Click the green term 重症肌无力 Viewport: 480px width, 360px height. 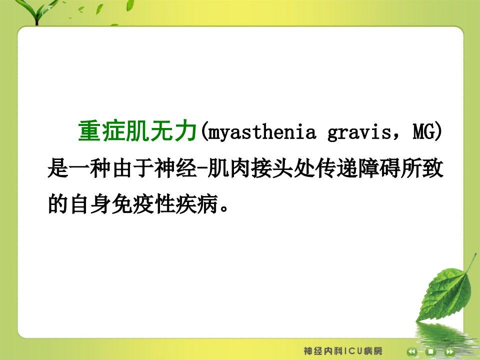coord(137,131)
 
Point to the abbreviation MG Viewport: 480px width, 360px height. coord(424,131)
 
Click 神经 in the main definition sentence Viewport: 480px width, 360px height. coord(175,168)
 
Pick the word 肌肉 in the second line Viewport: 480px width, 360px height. coord(228,168)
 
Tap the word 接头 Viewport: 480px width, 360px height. coord(271,168)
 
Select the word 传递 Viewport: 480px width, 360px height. coord(336,168)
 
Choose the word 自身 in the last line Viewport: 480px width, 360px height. coord(90,203)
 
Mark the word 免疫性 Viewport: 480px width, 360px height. coord(143,203)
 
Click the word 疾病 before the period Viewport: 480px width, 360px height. coord(196,203)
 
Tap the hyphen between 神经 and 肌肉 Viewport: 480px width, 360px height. coord(202,168)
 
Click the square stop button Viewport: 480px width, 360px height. coord(430,351)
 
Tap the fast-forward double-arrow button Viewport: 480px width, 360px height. coord(449,351)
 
